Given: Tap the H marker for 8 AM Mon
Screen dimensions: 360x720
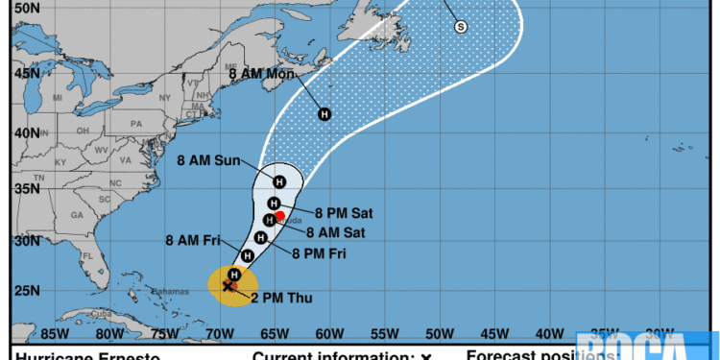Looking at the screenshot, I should (x=324, y=114).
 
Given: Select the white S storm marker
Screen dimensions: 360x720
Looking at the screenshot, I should (x=460, y=27).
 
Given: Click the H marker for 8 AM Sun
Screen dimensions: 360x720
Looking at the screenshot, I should (x=279, y=182).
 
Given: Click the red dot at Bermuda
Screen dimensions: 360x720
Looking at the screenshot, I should (x=279, y=216).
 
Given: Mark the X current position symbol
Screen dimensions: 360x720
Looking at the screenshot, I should (x=228, y=285).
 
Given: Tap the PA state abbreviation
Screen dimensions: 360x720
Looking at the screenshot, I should (x=135, y=124).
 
